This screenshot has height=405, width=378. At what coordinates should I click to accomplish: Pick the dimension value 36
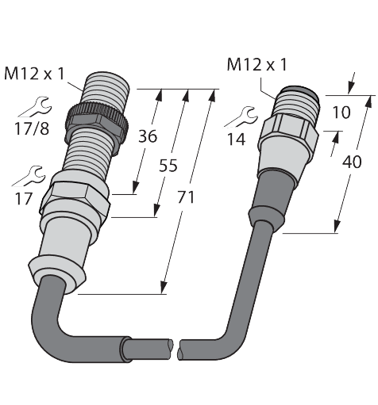[x=148, y=136]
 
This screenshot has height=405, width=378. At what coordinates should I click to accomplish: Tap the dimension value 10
[x=341, y=112]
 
